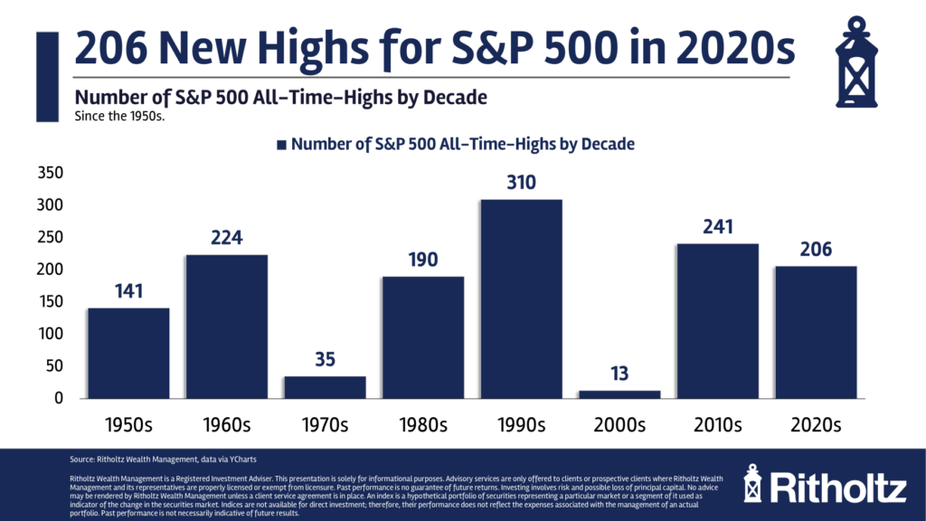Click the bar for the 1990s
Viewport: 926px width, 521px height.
521,298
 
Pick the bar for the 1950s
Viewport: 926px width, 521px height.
128,353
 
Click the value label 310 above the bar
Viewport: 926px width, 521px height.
521,183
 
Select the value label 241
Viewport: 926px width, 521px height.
717,227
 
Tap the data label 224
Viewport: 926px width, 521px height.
226,238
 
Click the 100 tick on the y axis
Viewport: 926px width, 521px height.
52,334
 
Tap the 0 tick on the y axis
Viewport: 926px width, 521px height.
59,398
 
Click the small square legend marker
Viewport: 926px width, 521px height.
281,144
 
